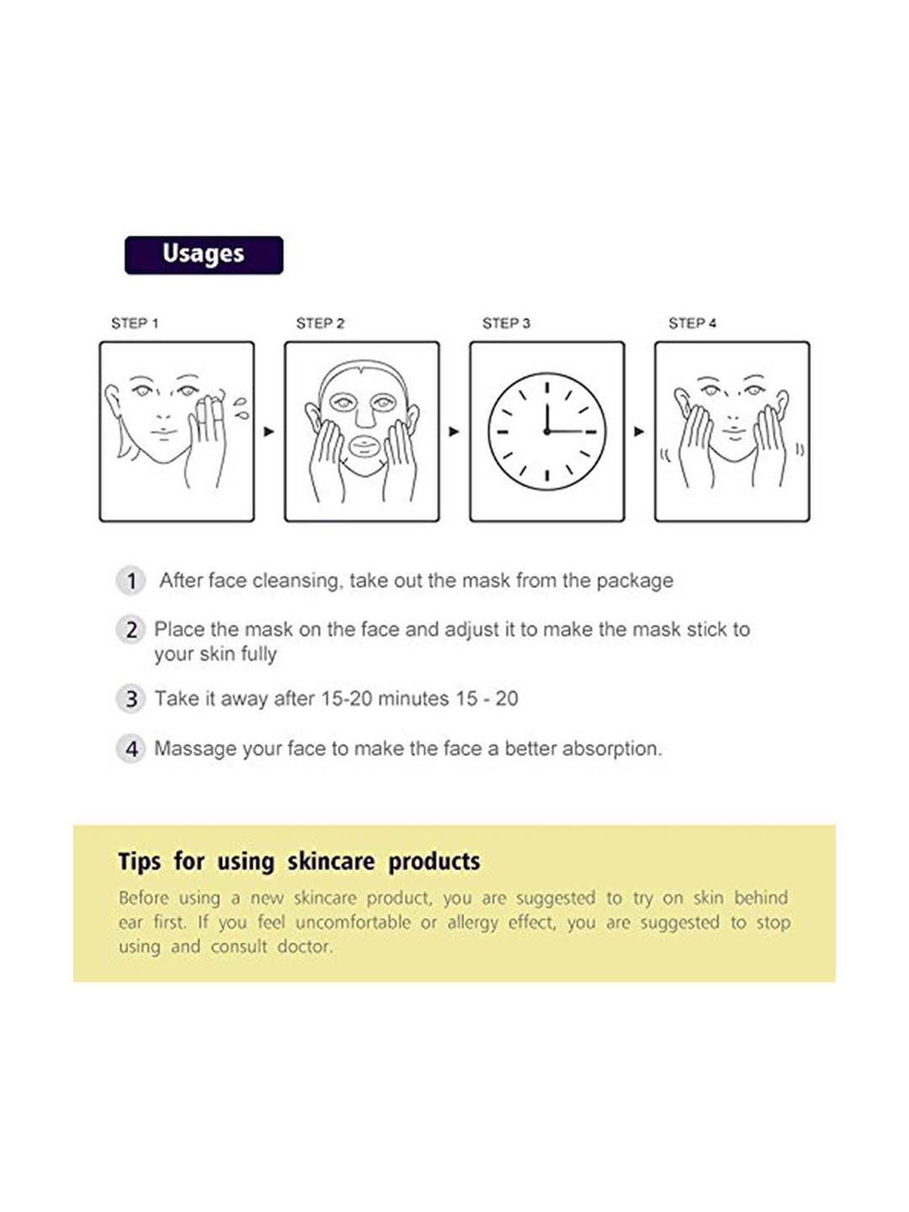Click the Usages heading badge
[x=204, y=255]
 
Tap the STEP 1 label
[x=135, y=324]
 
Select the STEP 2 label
[x=320, y=324]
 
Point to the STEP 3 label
[x=506, y=324]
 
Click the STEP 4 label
[x=692, y=324]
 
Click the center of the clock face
[x=547, y=431]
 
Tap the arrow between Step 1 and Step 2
[x=269, y=431]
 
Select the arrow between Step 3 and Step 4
[x=639, y=431]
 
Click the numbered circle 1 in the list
[x=130, y=581]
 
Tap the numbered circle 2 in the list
[x=130, y=630]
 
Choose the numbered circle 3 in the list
[x=130, y=699]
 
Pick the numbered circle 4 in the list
[x=130, y=749]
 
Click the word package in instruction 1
[x=634, y=581]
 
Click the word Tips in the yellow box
[x=139, y=861]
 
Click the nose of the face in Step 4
[x=733, y=418]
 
